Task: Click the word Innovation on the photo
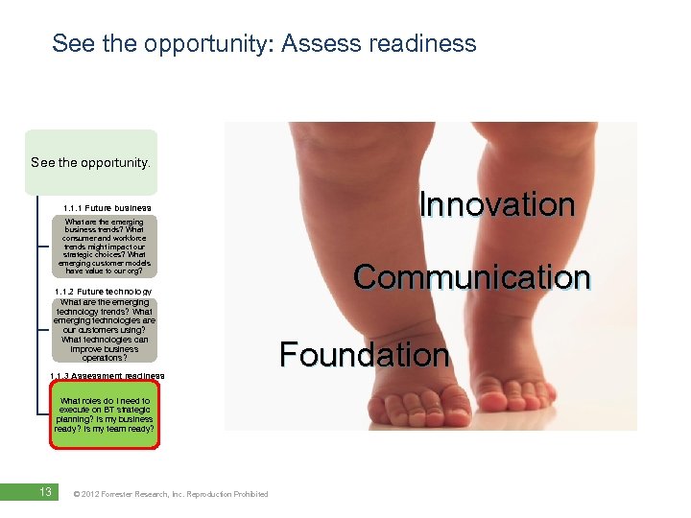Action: pyautogui.click(x=497, y=204)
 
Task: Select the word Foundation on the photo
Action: pyautogui.click(x=364, y=354)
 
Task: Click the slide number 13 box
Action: pyautogui.click(x=44, y=492)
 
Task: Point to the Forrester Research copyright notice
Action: pyautogui.click(x=171, y=494)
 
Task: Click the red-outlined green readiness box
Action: pyautogui.click(x=104, y=415)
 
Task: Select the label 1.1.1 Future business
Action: pyautogui.click(x=107, y=208)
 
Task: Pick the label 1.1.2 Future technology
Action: pyautogui.click(x=104, y=292)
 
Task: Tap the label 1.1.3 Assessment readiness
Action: pyautogui.click(x=107, y=375)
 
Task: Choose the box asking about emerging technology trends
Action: pyautogui.click(x=104, y=330)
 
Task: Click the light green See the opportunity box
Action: pyautogui.click(x=91, y=162)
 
